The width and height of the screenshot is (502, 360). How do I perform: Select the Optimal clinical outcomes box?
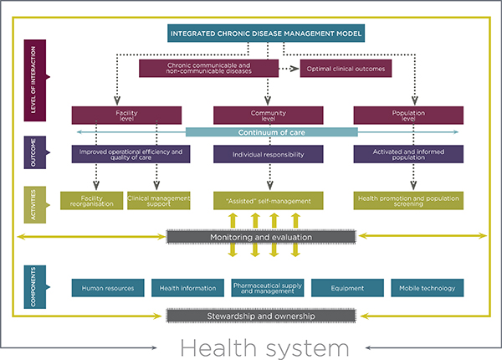346,68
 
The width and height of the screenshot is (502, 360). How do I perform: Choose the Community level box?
268,116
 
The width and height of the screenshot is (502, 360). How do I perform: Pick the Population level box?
409,116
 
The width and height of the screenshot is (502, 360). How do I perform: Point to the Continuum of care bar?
271,132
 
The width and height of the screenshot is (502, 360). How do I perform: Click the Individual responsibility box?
268,154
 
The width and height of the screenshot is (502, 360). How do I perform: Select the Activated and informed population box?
409,154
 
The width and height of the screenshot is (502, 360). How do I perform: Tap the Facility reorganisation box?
91,200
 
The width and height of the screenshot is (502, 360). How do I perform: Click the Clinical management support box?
159,200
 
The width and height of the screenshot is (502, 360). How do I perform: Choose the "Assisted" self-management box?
268,200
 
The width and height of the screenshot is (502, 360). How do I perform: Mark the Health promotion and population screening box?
409,200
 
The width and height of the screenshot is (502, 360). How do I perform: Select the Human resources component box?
109,288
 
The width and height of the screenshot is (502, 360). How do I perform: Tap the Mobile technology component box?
427,288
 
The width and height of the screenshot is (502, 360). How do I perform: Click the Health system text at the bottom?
250,346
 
